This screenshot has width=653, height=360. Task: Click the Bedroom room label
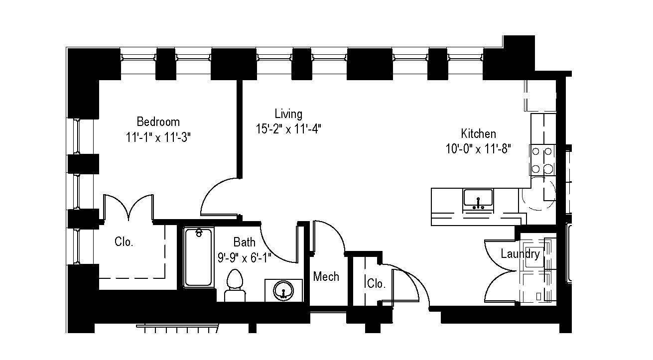click(158, 121)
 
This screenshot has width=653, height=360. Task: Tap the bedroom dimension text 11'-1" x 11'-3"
click(158, 137)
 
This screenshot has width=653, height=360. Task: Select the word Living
click(288, 114)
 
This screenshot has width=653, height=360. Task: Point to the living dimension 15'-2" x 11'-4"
click(288, 129)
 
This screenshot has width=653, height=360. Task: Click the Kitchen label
click(478, 133)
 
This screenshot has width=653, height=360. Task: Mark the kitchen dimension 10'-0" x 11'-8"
click(478, 149)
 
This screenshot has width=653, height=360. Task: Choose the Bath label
click(244, 242)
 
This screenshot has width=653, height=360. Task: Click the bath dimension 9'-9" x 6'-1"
click(244, 257)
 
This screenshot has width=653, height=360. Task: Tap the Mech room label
click(326, 276)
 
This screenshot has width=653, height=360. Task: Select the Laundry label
click(520, 254)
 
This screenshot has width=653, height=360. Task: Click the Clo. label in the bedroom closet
click(124, 242)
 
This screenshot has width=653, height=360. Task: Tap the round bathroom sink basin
click(283, 290)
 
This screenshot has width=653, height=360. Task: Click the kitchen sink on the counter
click(478, 199)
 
